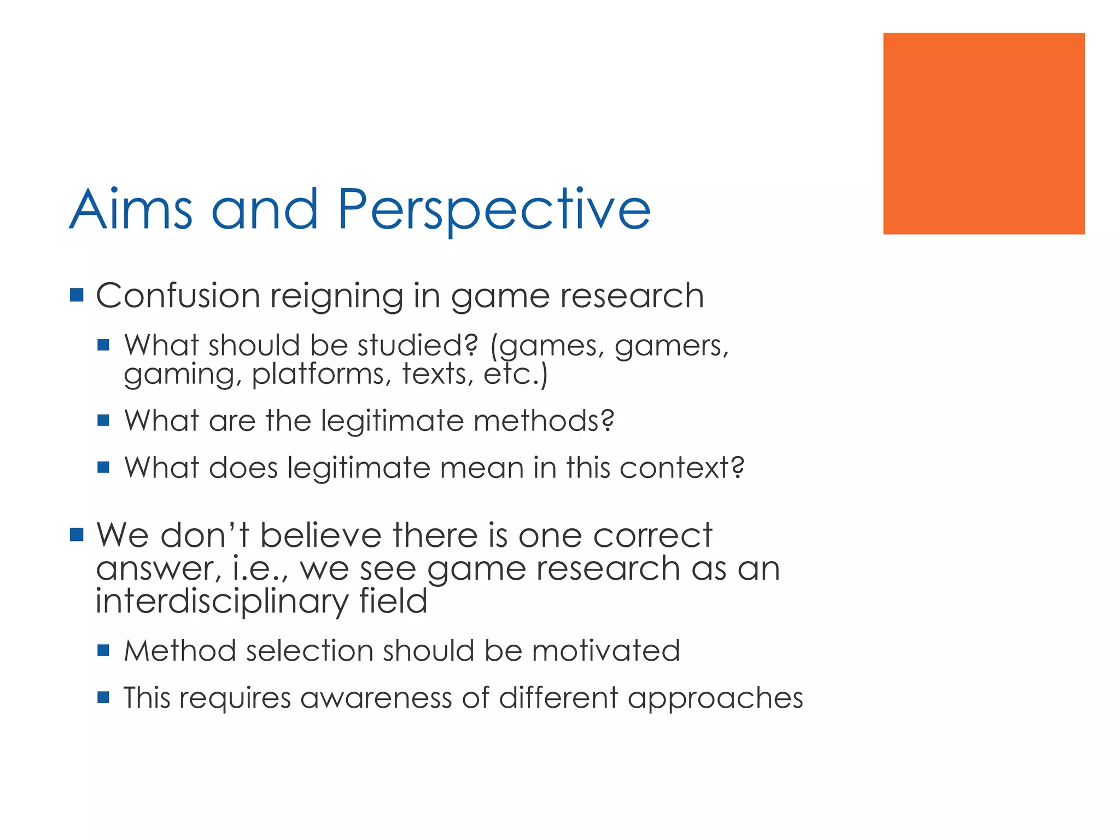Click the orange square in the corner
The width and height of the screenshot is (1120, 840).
(983, 133)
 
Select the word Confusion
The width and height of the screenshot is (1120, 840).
(178, 296)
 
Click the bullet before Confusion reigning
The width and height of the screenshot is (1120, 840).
(77, 296)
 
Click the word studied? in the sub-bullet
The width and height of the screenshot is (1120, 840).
(418, 346)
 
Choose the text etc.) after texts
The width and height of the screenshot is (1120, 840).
(516, 375)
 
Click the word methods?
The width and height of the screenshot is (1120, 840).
(544, 421)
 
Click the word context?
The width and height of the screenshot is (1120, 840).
(681, 468)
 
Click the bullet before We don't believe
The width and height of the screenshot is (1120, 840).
(77, 534)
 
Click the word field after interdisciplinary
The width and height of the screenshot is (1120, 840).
(393, 601)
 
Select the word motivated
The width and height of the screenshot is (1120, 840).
(605, 651)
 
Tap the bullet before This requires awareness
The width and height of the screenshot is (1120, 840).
(103, 697)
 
